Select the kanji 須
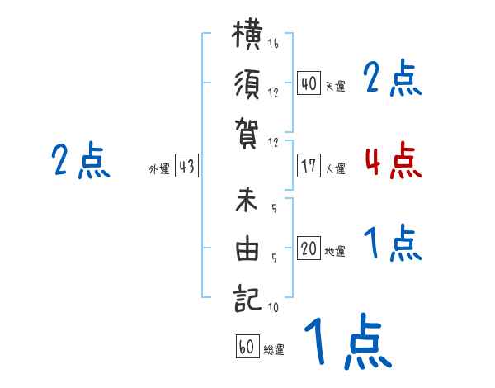247,84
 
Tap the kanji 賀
247,134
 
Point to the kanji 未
247,199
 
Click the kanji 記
247,298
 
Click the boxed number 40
309,83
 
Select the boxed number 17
309,166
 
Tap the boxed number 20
309,248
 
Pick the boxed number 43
186,166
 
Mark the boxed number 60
247,346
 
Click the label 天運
336,86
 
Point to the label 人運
336,168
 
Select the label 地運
335,252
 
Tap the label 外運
159,169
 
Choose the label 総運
274,350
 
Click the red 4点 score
394,159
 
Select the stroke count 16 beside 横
273,44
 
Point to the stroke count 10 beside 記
273,307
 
